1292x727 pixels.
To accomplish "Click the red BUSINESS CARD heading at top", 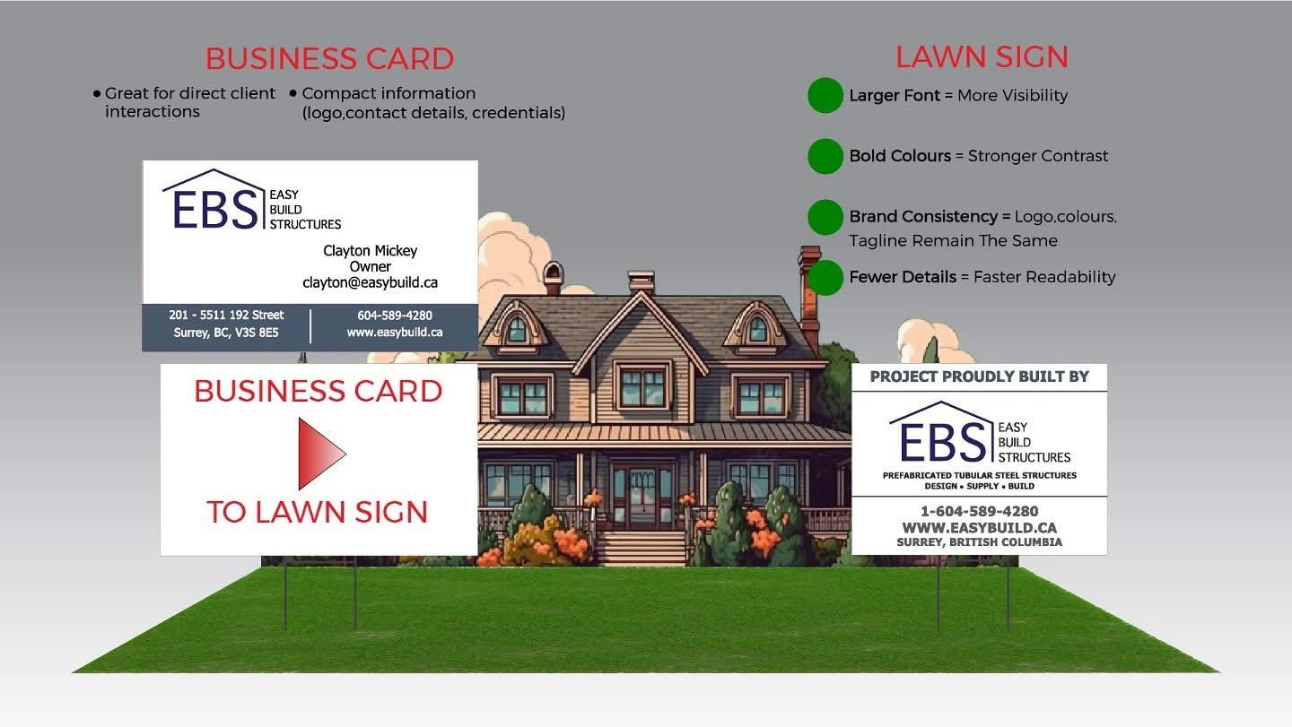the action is (x=329, y=59).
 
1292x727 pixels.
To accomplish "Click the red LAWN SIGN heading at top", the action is (x=982, y=57).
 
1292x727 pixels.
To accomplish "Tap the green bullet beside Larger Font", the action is (x=825, y=96).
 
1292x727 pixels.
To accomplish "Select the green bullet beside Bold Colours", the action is (x=825, y=156).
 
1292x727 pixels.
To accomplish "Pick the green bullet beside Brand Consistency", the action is (x=825, y=217).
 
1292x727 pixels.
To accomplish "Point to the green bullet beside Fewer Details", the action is (x=825, y=277).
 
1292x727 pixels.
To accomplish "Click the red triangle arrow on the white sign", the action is (x=319, y=454).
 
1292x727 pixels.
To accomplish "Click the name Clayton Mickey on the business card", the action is (x=370, y=251).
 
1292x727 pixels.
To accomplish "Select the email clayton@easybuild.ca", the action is (x=370, y=282).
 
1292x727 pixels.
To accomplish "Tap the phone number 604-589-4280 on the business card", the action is (x=394, y=316).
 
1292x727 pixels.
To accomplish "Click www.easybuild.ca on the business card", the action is (x=394, y=333).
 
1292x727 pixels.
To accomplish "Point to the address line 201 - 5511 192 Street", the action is (x=226, y=316).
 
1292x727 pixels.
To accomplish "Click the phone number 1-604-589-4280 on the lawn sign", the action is (x=979, y=512).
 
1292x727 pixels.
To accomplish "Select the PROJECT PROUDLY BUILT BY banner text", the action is (x=979, y=376).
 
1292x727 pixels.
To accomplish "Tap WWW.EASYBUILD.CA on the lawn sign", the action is (x=979, y=528).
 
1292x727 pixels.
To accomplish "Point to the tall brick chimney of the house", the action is (x=809, y=296).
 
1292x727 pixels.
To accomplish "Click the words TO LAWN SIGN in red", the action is (x=318, y=513).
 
